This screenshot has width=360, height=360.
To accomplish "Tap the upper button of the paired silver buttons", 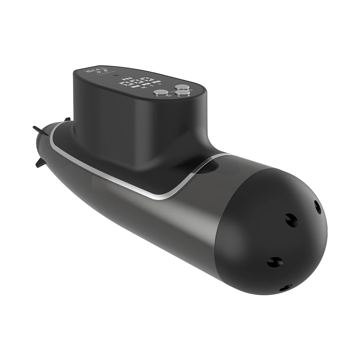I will pyautogui.click(x=183, y=87).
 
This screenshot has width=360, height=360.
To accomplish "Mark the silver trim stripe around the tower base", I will pyautogui.click(x=158, y=196).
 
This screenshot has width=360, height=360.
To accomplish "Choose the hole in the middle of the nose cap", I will pyautogui.click(x=291, y=219).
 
